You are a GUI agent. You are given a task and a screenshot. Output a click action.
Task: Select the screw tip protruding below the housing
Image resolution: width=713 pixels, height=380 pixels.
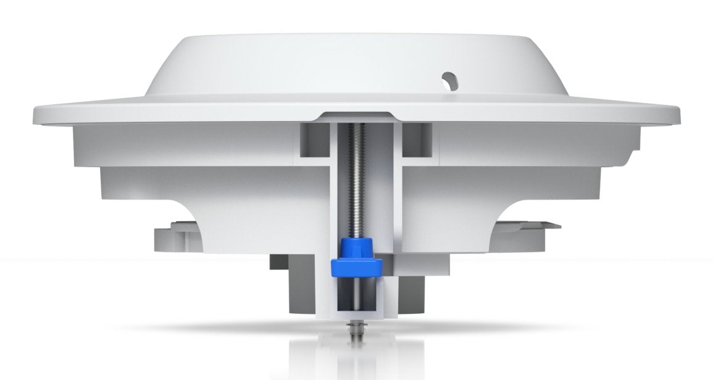(356, 337)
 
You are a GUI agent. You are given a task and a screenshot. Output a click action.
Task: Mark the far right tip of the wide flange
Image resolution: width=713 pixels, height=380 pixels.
(677, 115)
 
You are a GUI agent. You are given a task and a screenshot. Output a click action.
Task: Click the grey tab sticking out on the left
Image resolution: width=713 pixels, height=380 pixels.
(162, 237)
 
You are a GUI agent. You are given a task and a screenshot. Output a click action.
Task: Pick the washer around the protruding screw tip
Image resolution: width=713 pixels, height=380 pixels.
(356, 323)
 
